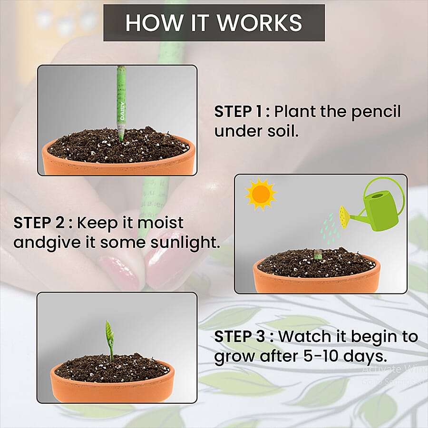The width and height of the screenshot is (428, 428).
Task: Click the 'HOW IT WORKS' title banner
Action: click(x=214, y=23)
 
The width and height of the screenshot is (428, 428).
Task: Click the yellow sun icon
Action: click(x=261, y=194)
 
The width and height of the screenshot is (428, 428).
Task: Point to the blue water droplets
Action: click(x=328, y=226)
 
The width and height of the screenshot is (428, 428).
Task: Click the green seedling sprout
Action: click(x=110, y=338)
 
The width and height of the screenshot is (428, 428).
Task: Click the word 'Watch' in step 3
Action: click(x=305, y=337)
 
